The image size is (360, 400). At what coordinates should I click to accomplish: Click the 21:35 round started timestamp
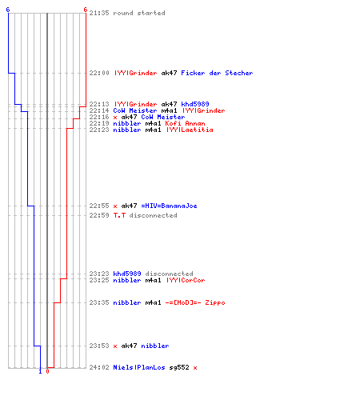click(99, 13)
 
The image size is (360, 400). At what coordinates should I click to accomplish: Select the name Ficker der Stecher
click(217, 73)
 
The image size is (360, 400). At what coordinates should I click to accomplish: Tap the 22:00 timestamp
click(99, 73)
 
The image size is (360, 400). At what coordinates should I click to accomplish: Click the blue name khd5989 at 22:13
click(195, 104)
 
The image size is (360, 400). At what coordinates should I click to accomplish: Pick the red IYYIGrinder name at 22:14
click(203, 110)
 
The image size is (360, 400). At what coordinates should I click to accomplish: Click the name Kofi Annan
click(185, 123)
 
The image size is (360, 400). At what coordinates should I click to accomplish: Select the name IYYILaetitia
click(190, 130)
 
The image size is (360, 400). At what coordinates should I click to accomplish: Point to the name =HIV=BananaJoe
click(169, 206)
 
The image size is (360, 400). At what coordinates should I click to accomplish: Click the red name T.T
click(119, 215)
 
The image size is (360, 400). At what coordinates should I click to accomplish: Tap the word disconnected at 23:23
click(169, 274)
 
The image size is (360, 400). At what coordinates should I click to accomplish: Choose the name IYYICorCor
click(186, 280)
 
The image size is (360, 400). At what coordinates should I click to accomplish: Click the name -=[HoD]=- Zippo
click(195, 302)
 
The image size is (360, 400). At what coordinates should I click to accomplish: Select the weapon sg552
click(179, 367)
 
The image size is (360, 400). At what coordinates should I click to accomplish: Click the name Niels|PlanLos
click(139, 367)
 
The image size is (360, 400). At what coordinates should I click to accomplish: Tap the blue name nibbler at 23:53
click(155, 346)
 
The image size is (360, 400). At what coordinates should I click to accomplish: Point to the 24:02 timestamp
click(99, 367)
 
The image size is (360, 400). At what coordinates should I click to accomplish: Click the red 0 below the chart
click(47, 371)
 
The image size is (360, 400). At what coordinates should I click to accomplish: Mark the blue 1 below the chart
click(40, 371)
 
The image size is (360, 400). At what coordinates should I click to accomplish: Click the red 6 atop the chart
click(86, 10)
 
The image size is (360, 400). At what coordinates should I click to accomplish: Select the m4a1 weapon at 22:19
click(153, 123)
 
